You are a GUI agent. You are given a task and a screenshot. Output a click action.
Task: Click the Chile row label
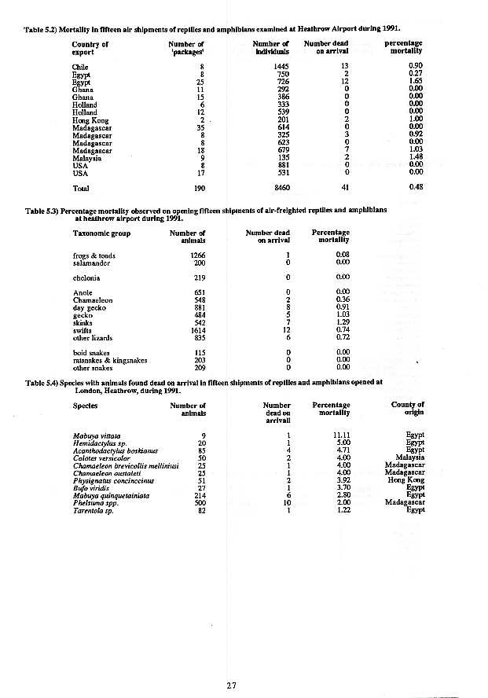point(79,66)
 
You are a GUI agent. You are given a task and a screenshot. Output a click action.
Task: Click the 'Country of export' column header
point(90,48)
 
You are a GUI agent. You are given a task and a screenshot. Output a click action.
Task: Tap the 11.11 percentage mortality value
point(341,435)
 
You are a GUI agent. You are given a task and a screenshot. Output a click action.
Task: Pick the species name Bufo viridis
point(89,488)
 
